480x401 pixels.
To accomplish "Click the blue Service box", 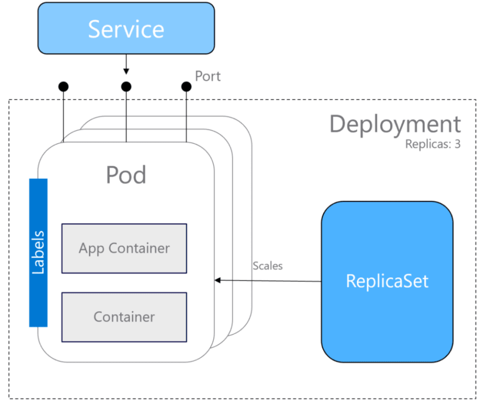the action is coord(126,28).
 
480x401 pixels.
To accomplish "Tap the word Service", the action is coord(126,29).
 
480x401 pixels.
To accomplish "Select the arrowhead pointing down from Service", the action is coord(126,71).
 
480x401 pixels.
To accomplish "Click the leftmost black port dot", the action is coord(63,87).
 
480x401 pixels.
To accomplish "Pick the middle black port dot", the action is coord(126,87).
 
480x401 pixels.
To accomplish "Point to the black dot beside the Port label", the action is coord(186,87).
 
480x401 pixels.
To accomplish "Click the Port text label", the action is coord(208,76).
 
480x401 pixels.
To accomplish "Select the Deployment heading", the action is coord(395,125).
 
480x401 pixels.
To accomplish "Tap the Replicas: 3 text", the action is coord(433,144).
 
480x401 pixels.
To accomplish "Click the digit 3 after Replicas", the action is coord(457,144).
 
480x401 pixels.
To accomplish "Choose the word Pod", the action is coord(126,175).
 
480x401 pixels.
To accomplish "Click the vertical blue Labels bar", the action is coord(38,253).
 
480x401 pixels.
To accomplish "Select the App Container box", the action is coord(124,248).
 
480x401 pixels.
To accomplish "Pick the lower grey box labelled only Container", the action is coord(124,317).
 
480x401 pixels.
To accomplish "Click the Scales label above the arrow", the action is coord(268,266).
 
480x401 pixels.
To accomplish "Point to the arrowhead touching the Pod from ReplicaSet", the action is coord(217,280).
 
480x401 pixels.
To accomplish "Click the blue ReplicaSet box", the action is coord(387,282).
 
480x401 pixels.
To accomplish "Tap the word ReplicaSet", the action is coord(387,281).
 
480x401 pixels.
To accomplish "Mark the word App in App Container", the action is coord(92,248).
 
